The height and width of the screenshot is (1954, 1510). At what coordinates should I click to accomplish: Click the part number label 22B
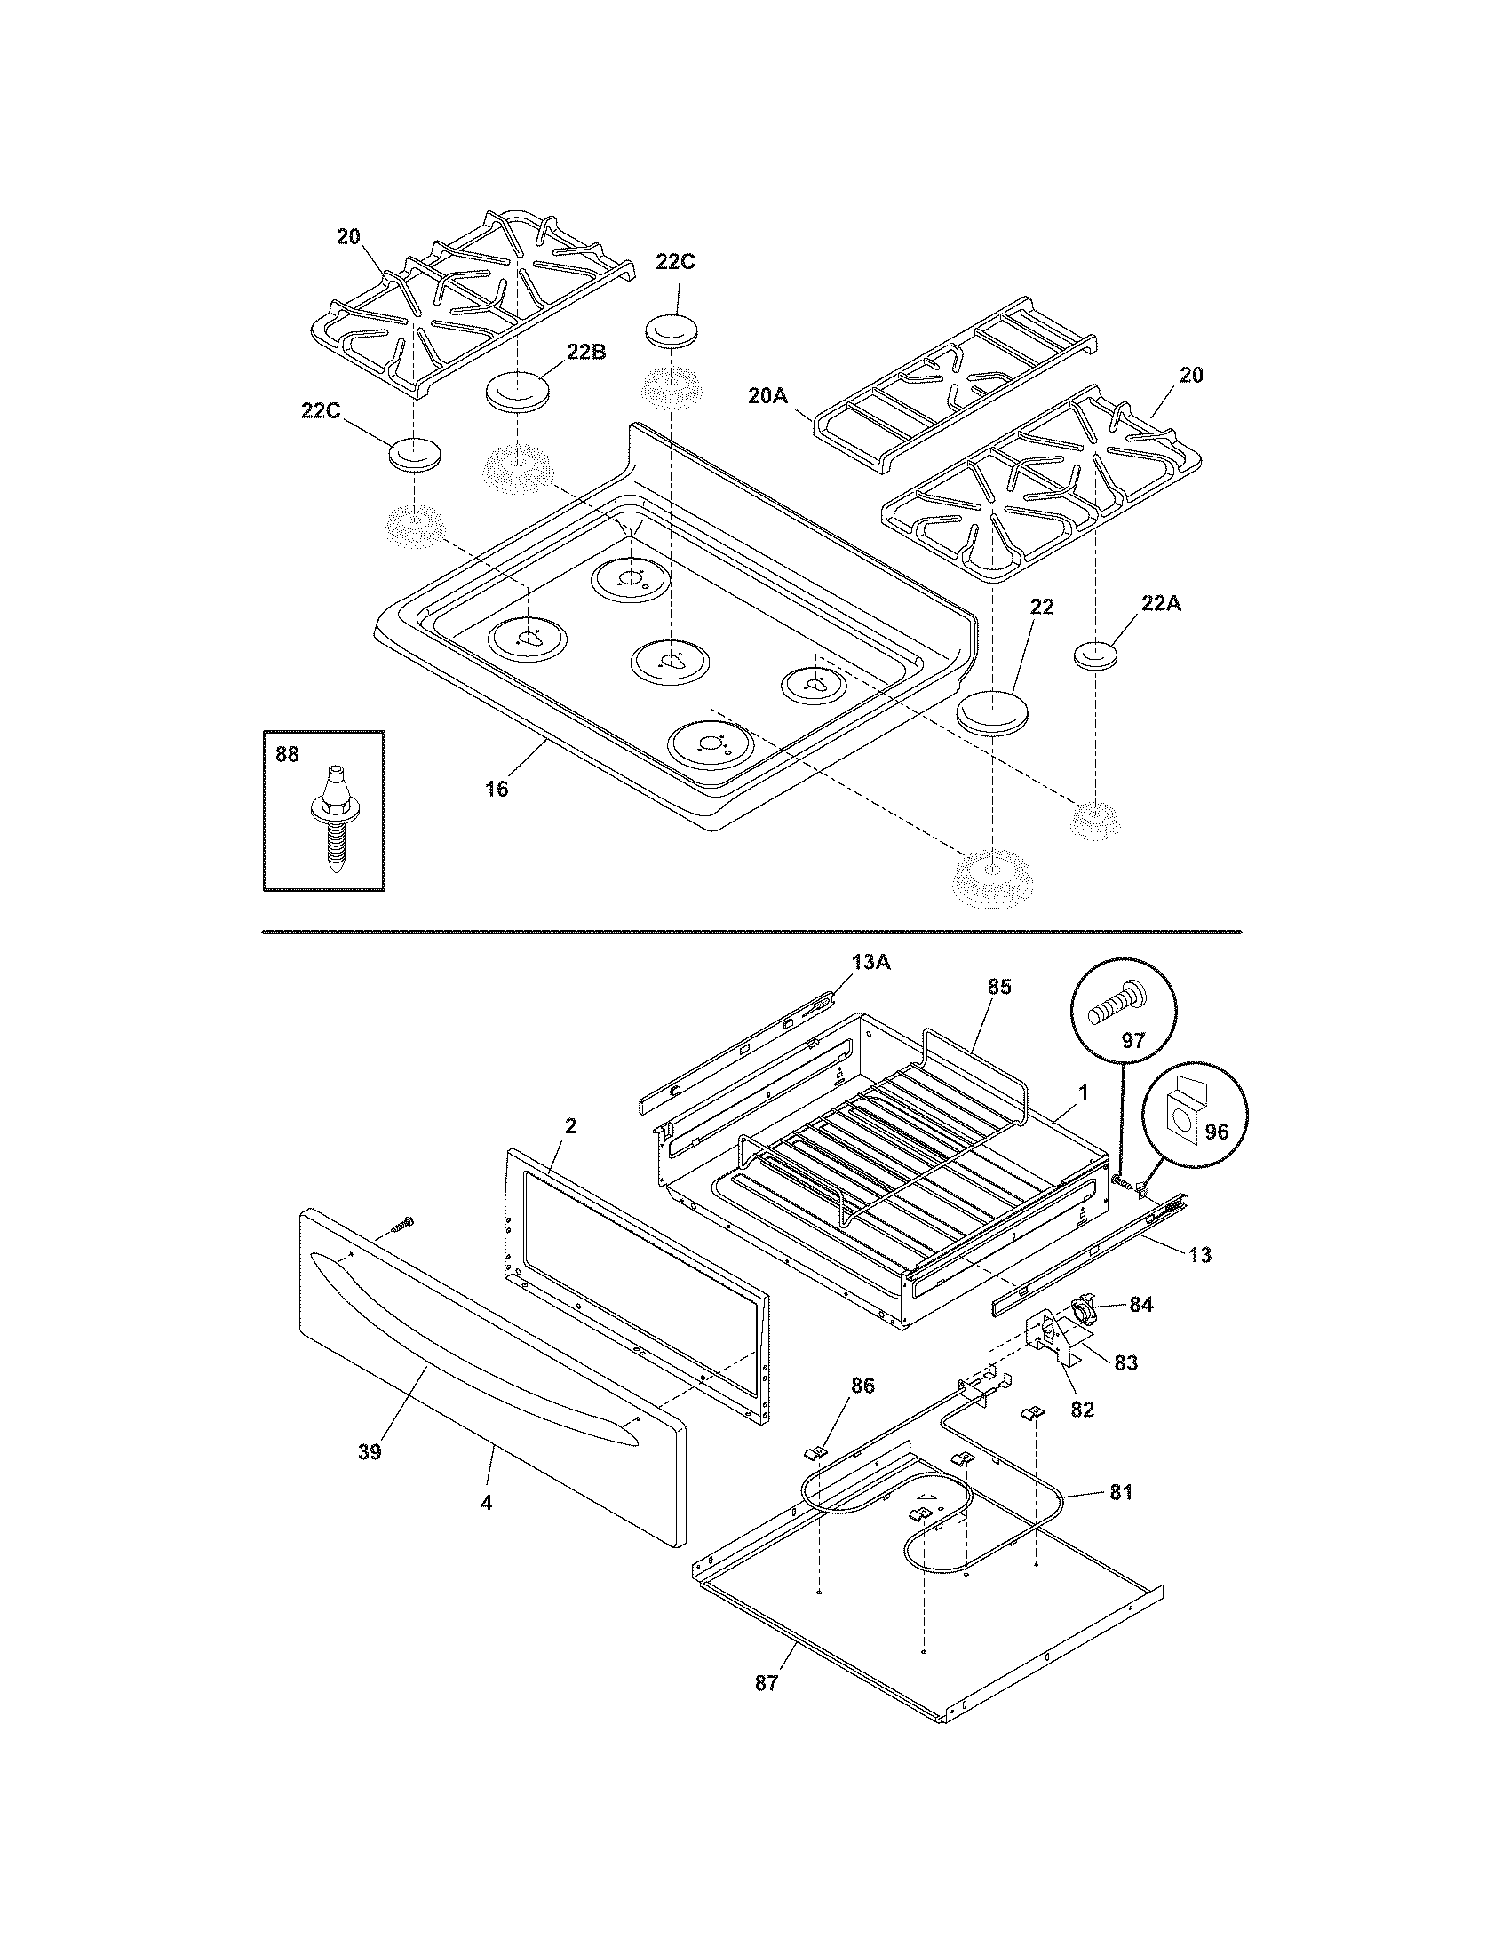point(586,352)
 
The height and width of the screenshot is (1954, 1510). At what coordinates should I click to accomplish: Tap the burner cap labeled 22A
point(1095,654)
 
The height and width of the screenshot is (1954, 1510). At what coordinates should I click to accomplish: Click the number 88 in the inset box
point(287,755)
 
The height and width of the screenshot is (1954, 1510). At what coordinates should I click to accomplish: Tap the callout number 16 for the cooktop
point(496,788)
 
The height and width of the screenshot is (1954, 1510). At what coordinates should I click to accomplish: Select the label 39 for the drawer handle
point(370,1452)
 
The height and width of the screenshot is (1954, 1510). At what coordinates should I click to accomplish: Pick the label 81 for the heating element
point(1122,1491)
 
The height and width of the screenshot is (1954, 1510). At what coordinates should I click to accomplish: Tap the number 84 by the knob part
point(1140,1305)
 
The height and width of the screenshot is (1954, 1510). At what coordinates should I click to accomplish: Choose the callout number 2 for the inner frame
point(570,1125)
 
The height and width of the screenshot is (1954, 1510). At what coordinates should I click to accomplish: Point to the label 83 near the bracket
point(1125,1362)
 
